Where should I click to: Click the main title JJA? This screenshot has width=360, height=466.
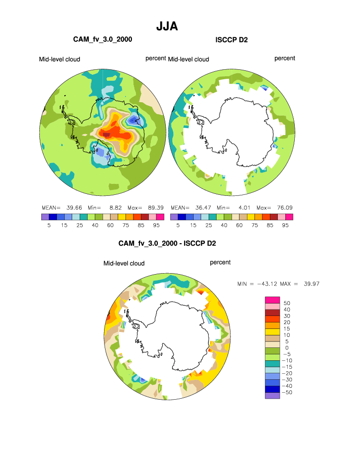coord(167,26)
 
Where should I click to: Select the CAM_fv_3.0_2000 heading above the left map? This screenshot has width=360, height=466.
coord(103,39)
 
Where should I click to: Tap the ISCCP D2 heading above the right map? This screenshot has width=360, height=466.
coord(232,39)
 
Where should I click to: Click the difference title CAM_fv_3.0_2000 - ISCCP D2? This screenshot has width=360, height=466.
coord(167,244)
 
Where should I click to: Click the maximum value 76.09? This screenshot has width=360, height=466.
coord(282,207)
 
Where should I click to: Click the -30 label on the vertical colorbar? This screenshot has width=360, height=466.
coord(286,380)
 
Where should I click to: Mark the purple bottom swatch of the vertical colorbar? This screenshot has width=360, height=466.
coord(272,396)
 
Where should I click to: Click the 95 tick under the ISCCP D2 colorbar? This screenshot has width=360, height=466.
coord(285,225)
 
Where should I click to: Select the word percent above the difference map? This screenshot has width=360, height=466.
coord(220,262)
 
